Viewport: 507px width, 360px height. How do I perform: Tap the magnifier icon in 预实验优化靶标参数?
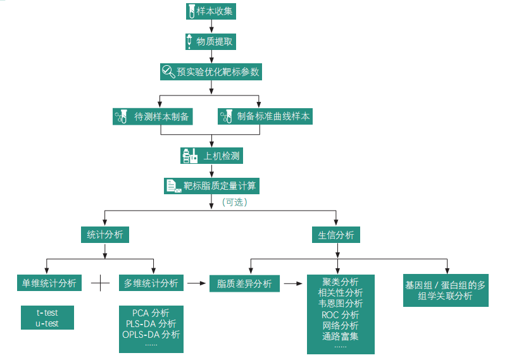(168, 71)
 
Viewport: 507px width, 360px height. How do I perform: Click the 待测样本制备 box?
(151, 116)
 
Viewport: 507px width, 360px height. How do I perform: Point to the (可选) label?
(234, 202)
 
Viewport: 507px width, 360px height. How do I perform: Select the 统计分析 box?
(105, 235)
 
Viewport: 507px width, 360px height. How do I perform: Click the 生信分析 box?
(336, 235)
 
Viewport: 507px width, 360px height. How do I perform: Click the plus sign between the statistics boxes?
(101, 283)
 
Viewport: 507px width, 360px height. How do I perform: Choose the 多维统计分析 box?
(151, 283)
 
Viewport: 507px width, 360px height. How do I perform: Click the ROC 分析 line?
(340, 314)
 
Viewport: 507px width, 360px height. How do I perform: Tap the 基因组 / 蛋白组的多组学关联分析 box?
(445, 290)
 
